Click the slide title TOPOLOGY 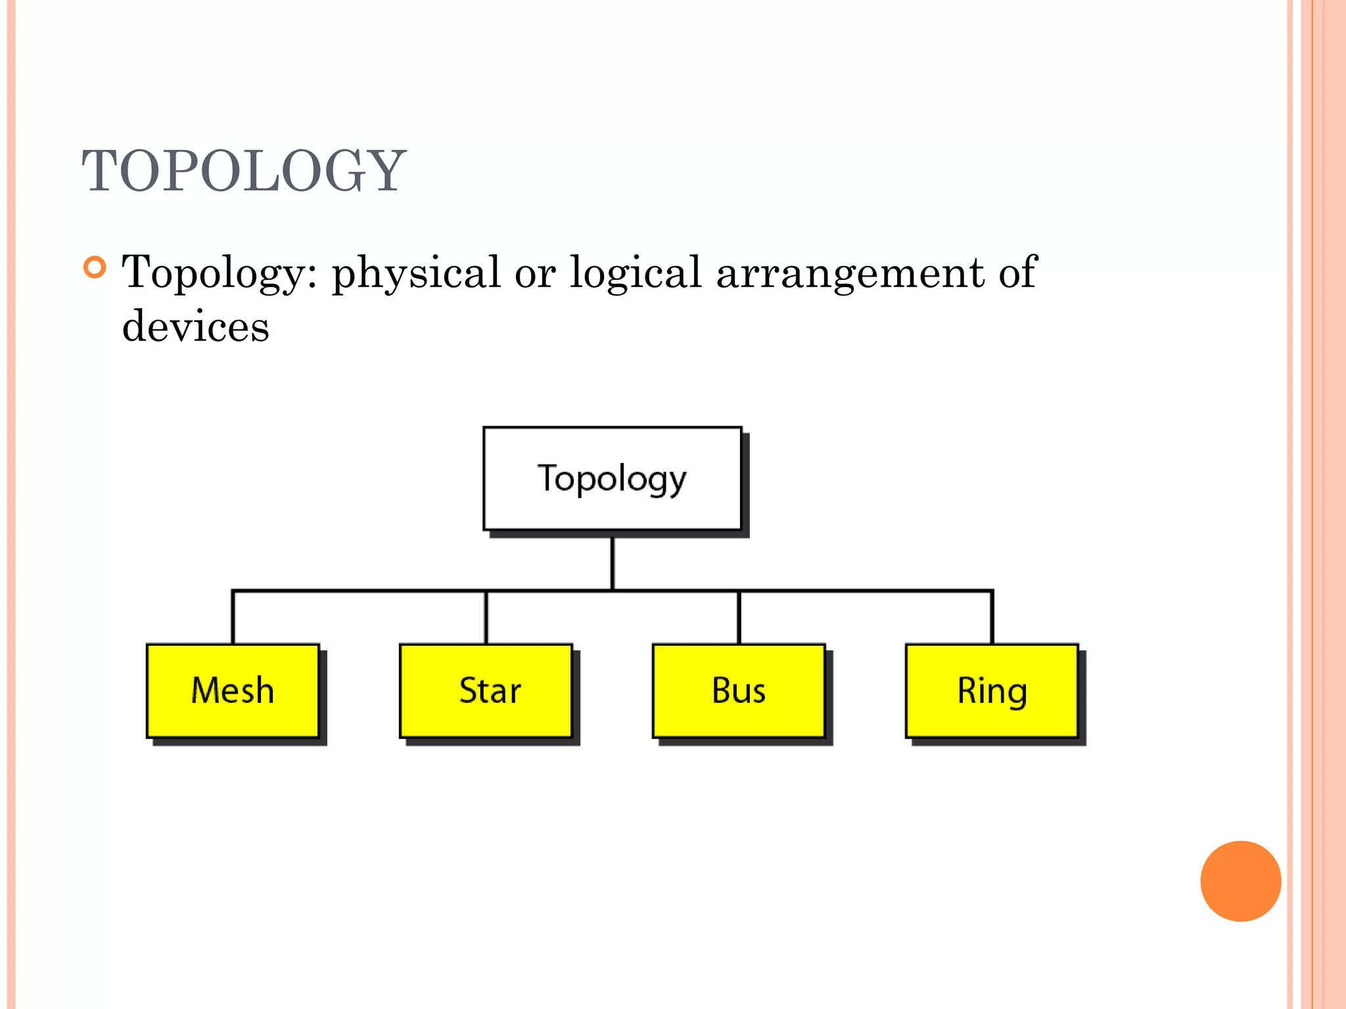(x=244, y=171)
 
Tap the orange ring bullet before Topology (x=95, y=267)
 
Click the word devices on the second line (x=196, y=326)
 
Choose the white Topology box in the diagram (x=612, y=479)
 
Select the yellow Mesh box (x=233, y=690)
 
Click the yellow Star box (x=486, y=690)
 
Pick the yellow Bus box (x=739, y=690)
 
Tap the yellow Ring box (x=992, y=690)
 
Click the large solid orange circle (x=1240, y=881)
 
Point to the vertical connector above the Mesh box (x=233, y=617)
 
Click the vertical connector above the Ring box (x=992, y=617)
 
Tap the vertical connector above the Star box (x=486, y=617)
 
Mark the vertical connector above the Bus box (x=739, y=617)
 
